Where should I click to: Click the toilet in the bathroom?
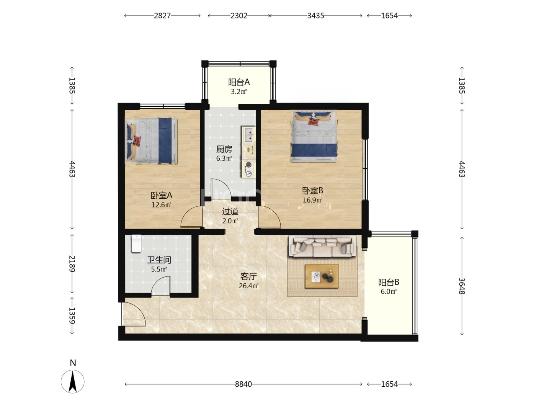tap(136, 243)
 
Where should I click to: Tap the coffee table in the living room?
tap(321, 276)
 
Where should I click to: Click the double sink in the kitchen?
tap(248, 135)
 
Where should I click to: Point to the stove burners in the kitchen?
tap(248, 169)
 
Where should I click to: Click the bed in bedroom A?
tap(151, 141)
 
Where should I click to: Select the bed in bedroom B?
tap(314, 136)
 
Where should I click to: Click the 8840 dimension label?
tap(243, 384)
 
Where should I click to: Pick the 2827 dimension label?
tap(162, 16)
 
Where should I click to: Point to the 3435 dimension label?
tap(315, 16)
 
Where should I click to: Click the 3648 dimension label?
tap(461, 286)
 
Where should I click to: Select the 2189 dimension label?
tap(72, 264)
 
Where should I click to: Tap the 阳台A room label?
tap(239, 82)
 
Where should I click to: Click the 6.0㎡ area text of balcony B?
tap(389, 291)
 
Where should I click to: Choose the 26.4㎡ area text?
tap(248, 286)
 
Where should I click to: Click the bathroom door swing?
tap(160, 286)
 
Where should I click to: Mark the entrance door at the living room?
tap(134, 314)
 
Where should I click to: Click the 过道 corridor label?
tap(230, 212)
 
